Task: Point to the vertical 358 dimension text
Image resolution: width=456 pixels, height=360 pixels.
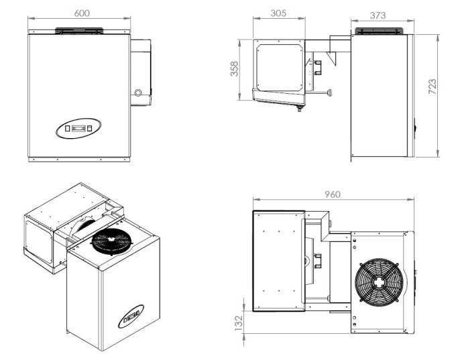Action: [x=235, y=69]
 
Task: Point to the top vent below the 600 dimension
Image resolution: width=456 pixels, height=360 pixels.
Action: [x=79, y=30]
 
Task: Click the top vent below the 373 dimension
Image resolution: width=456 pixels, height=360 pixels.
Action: [x=380, y=31]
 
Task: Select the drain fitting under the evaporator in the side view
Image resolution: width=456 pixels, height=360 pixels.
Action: [x=299, y=107]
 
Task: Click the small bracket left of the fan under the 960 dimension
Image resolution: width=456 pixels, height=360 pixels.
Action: [x=318, y=257]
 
